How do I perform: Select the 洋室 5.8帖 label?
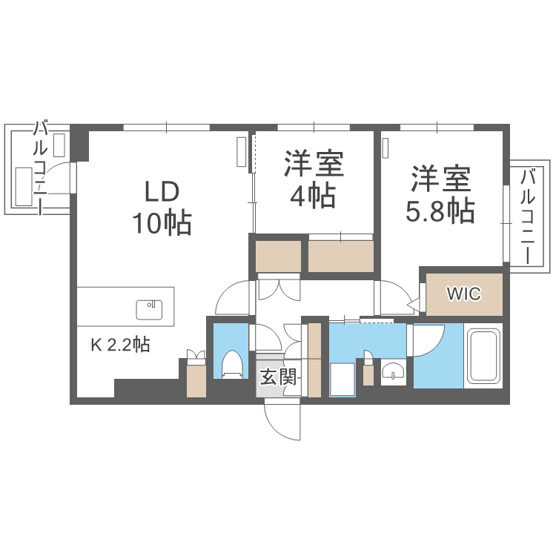pyautogui.click(x=440, y=195)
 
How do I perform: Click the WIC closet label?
pyautogui.click(x=463, y=294)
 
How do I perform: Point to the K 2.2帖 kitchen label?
pyautogui.click(x=121, y=345)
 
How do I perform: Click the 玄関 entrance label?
pyautogui.click(x=279, y=378)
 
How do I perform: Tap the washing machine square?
pyautogui.click(x=342, y=379)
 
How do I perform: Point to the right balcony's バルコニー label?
pyautogui.click(x=529, y=216)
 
